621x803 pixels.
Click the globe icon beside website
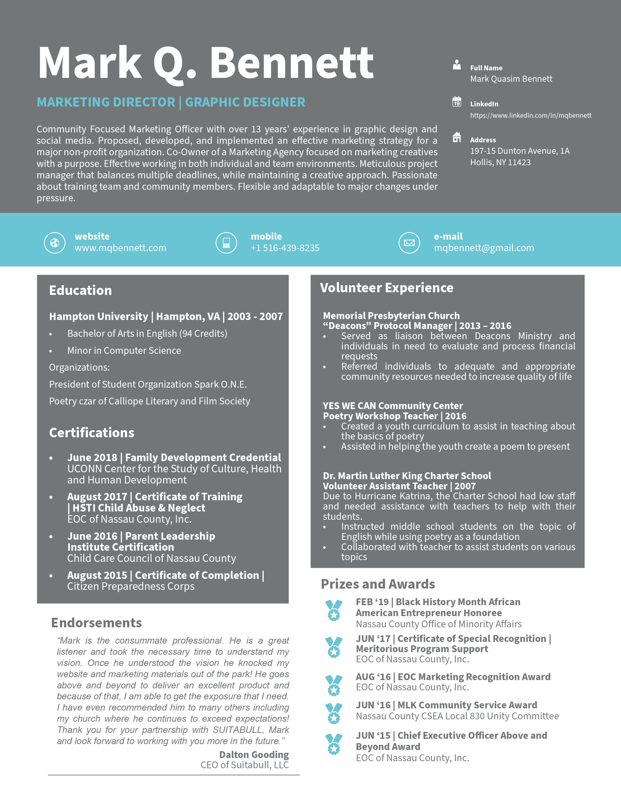55,243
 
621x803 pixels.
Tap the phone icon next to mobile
226,243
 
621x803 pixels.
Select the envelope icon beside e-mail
409,243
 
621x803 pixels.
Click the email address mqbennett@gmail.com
484,248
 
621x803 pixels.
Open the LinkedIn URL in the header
530,115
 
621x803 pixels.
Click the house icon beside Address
457,137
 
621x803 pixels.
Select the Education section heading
81,291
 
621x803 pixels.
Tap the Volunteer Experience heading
387,288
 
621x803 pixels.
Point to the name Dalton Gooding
254,755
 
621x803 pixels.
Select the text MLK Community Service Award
467,705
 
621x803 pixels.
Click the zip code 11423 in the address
519,163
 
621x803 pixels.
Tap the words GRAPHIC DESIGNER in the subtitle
245,102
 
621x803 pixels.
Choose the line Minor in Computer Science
124,351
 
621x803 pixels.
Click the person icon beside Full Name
457,65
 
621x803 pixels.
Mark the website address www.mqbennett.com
120,248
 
